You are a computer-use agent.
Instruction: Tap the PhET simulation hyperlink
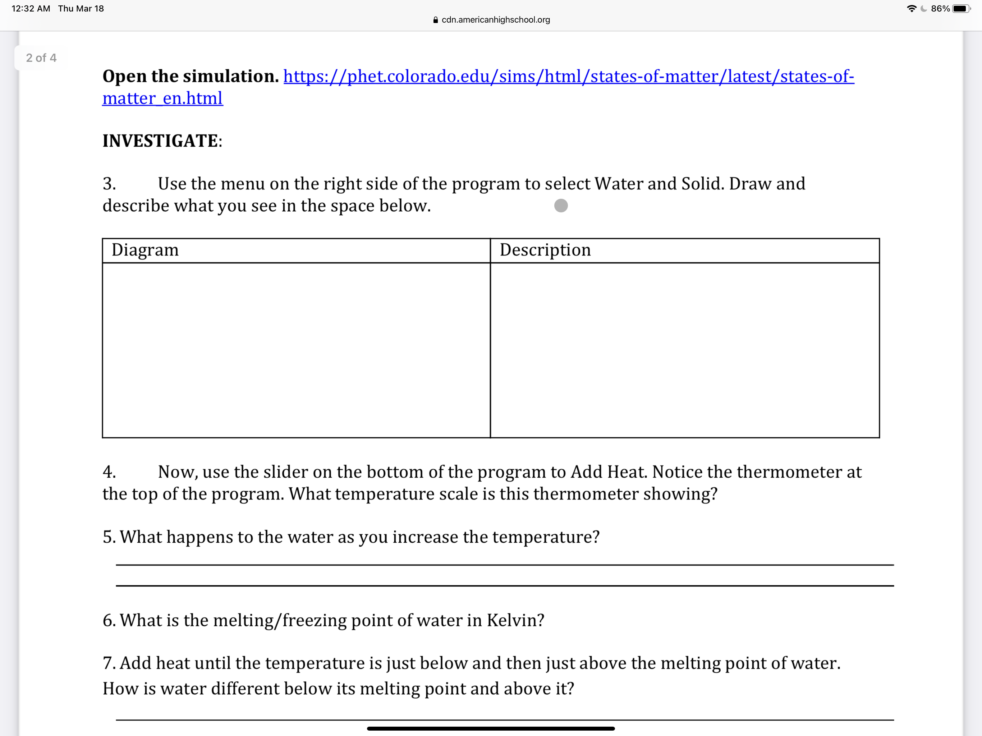coord(568,76)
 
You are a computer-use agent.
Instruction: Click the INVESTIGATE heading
coord(162,141)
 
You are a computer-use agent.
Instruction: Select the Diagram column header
coord(145,250)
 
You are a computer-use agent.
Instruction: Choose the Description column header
coord(545,250)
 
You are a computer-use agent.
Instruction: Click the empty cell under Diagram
coord(296,350)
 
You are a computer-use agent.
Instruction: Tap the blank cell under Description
coord(684,350)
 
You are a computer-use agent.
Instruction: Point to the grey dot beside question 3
coord(561,206)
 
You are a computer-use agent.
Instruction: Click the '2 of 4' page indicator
coord(41,58)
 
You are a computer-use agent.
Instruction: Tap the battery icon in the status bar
coord(961,8)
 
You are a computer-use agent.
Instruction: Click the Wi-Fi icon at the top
coord(912,8)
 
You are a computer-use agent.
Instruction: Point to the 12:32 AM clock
coord(31,8)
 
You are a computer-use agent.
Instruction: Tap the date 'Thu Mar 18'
coord(81,8)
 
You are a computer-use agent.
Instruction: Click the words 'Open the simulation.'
coord(191,76)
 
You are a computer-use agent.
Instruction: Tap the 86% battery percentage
coord(940,8)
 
